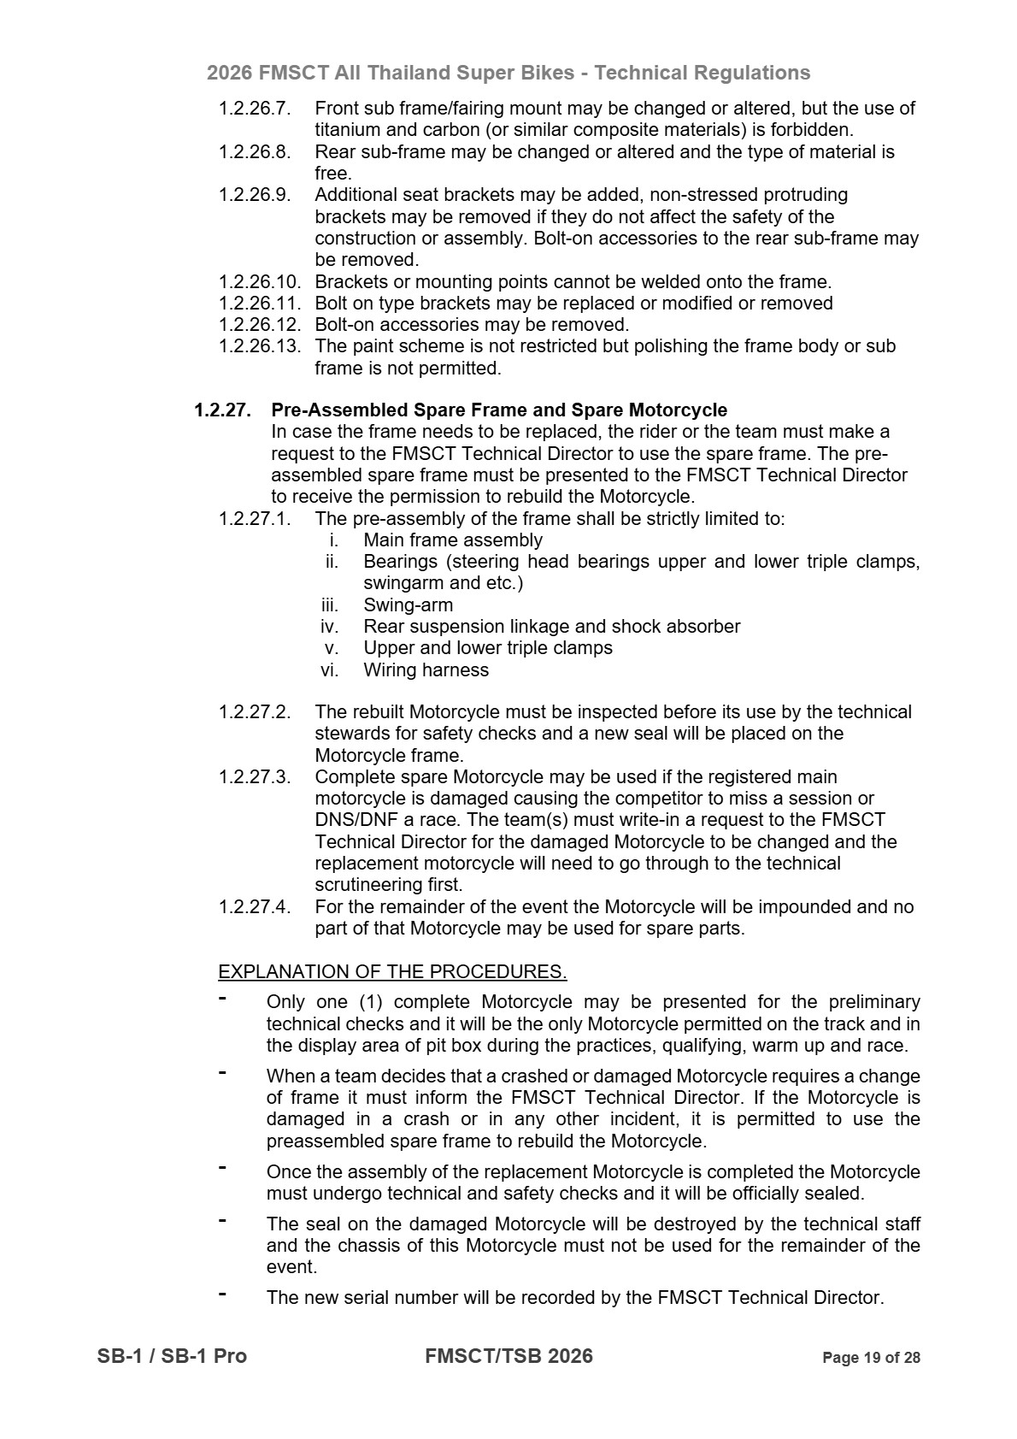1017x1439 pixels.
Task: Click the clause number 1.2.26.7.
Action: [x=255, y=109]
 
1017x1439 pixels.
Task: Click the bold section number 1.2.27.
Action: [x=222, y=410]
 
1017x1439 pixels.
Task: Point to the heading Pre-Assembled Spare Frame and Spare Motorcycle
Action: [x=499, y=410]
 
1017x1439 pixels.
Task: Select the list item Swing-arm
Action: [x=408, y=605]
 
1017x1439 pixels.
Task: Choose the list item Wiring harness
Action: [x=426, y=670]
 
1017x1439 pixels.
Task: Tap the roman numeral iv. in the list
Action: [x=330, y=627]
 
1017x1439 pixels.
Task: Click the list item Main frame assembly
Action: [x=453, y=540]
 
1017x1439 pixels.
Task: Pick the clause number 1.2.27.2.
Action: [x=255, y=712]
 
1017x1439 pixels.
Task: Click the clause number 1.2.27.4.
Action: [x=255, y=907]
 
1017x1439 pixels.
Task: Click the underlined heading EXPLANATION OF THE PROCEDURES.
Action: [x=392, y=972]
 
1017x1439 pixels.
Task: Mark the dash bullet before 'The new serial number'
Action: [x=222, y=1295]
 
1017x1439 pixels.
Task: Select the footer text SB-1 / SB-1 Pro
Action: [x=172, y=1356]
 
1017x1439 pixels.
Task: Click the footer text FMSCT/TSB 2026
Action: [x=508, y=1356]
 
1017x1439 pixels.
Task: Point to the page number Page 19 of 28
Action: [x=871, y=1358]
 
